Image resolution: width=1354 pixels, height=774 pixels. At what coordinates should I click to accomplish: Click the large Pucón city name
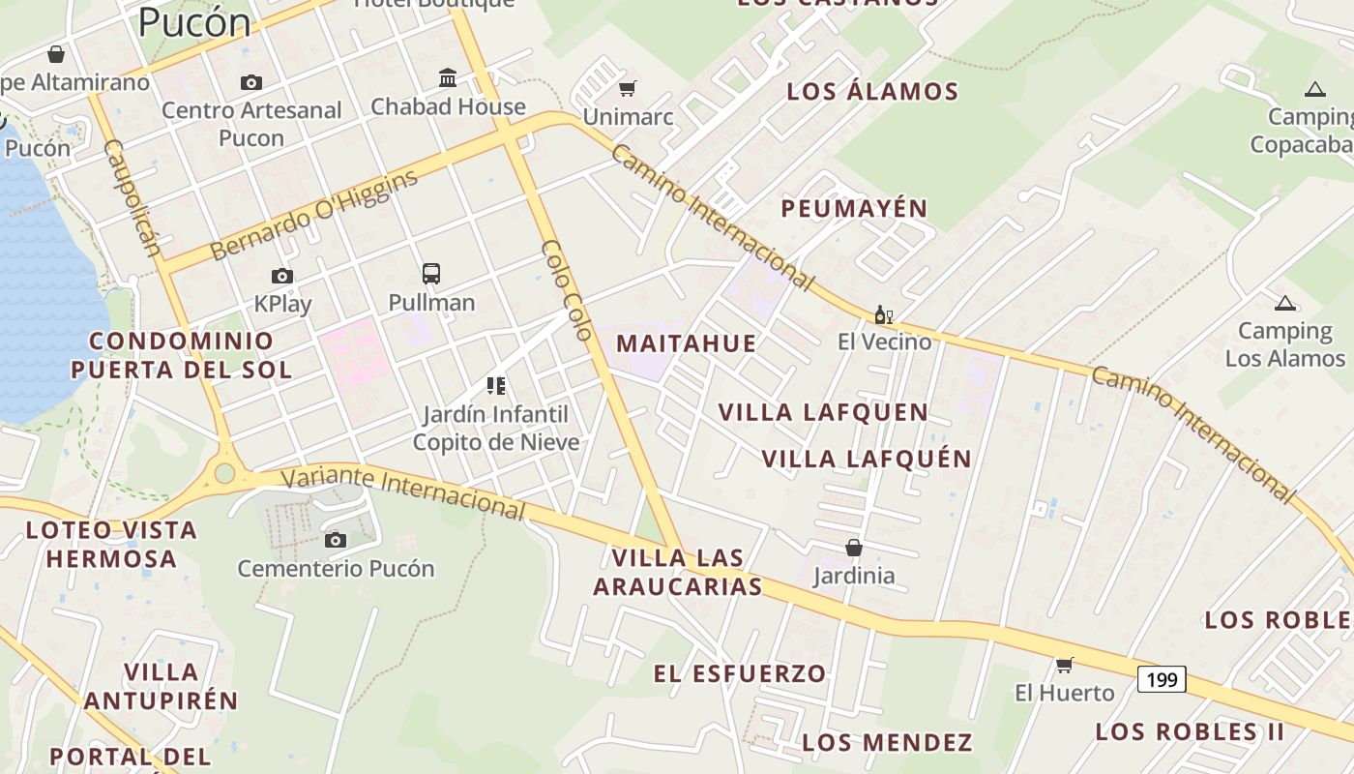click(x=194, y=21)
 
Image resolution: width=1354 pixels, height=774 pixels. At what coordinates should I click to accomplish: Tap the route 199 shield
click(x=1162, y=679)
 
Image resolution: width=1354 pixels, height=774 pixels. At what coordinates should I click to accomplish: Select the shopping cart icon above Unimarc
click(x=627, y=89)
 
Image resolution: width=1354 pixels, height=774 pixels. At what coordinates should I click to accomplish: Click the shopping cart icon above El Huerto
click(x=1065, y=665)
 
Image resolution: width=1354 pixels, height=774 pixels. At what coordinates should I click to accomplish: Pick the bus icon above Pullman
click(x=431, y=274)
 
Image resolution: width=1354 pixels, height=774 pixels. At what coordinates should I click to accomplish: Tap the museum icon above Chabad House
click(x=448, y=77)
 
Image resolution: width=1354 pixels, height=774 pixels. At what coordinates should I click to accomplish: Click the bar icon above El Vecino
click(x=883, y=314)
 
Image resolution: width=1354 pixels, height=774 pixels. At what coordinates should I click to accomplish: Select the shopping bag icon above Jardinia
click(x=854, y=549)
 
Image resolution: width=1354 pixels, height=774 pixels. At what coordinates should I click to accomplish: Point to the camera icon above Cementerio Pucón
click(x=336, y=540)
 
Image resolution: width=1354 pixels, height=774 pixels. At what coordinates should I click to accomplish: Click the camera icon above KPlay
click(x=282, y=277)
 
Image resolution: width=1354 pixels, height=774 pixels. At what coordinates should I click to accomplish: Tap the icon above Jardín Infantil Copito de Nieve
click(x=496, y=387)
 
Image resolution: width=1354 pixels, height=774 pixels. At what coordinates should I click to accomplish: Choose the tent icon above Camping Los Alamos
click(x=1284, y=304)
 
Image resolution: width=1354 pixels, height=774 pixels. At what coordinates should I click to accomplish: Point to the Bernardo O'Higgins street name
click(x=314, y=215)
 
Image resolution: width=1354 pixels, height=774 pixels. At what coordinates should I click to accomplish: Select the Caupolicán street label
click(x=132, y=197)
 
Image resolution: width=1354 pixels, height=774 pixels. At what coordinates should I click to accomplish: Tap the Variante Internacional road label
click(x=404, y=492)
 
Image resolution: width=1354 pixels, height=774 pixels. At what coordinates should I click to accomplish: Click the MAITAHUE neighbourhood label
click(x=686, y=343)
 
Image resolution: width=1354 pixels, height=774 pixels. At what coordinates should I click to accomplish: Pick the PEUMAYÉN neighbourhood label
click(x=854, y=208)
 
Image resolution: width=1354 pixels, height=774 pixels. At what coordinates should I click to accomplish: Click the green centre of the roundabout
click(x=225, y=473)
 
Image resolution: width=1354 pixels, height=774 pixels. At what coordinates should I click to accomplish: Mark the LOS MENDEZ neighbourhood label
click(x=887, y=742)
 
